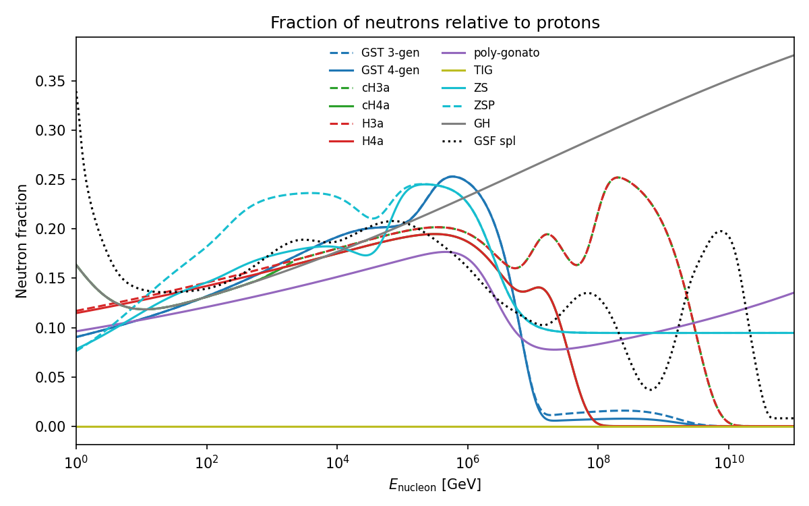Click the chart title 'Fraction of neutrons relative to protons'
[x=435, y=23]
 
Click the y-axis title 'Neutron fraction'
[x=22, y=241]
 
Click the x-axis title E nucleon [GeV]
[x=435, y=485]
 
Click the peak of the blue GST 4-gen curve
[x=452, y=177]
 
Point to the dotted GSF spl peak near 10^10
[x=721, y=231]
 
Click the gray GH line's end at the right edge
[x=793, y=55]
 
